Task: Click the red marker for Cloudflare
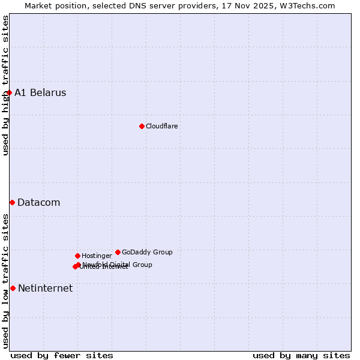tap(142, 126)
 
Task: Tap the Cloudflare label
tap(162, 126)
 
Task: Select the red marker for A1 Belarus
tap(9, 92)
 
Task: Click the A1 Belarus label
tap(40, 92)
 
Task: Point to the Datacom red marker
tap(12, 202)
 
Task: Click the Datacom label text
tap(39, 202)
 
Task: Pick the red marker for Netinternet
tap(13, 288)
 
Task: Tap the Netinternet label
tap(45, 288)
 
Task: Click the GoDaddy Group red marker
tap(118, 252)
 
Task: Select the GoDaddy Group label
tap(147, 252)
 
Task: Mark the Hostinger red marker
tap(77, 256)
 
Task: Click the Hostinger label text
tap(97, 256)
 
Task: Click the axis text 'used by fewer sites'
tap(62, 355)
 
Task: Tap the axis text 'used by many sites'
tap(301, 355)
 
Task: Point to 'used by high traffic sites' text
tap(5, 85)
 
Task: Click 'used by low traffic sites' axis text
tap(5, 281)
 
